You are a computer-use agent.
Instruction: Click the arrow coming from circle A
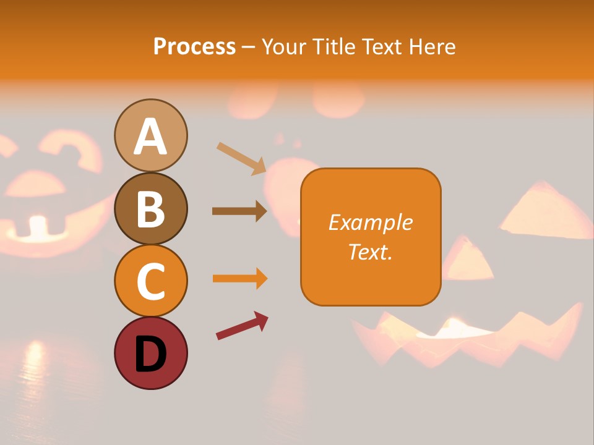[241, 158]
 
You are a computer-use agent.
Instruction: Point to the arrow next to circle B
[239, 211]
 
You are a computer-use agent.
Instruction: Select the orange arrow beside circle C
[240, 279]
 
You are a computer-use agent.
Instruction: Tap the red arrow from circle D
[242, 326]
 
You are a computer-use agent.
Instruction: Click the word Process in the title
[194, 46]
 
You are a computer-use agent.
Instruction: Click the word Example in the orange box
[370, 222]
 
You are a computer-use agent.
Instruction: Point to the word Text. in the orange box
[370, 252]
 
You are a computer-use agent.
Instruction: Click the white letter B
[151, 209]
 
